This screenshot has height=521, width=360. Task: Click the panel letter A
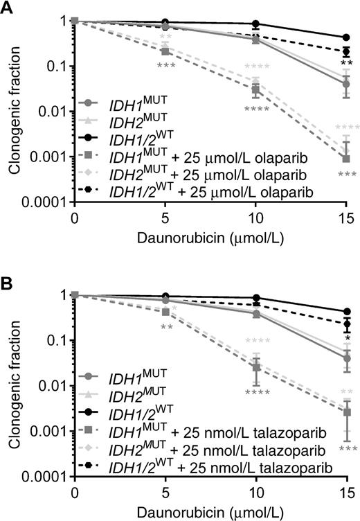point(8,8)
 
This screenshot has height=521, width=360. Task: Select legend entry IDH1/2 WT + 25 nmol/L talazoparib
point(218,468)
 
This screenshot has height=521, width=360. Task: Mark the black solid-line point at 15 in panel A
point(347,37)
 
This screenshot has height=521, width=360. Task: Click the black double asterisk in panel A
point(347,64)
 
